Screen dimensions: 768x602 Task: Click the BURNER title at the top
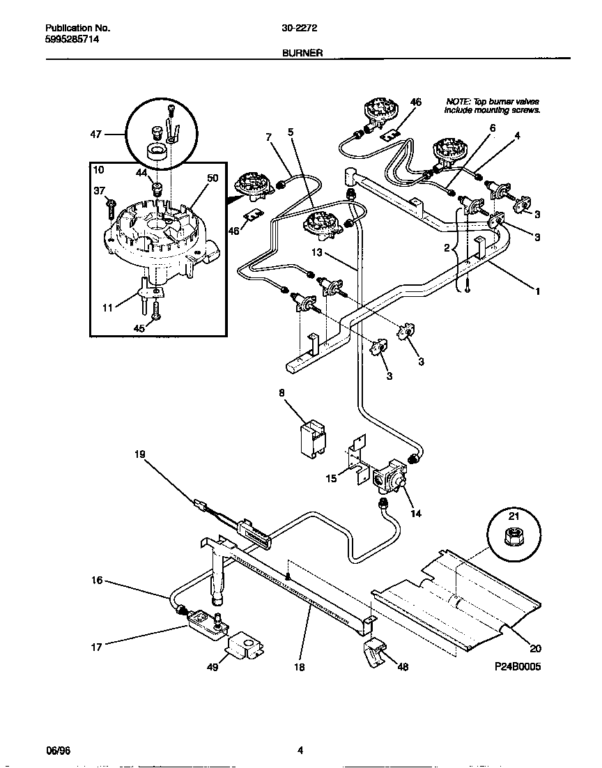(302, 52)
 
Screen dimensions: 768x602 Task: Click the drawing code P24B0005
(515, 666)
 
